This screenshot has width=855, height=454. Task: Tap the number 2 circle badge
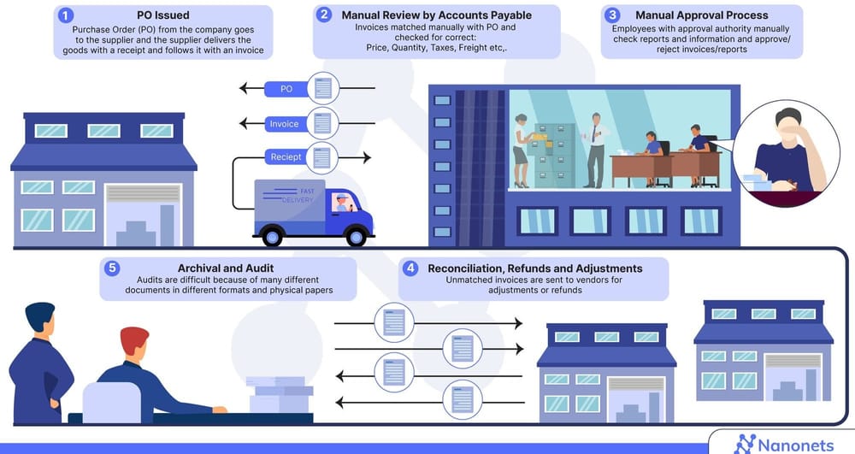click(324, 15)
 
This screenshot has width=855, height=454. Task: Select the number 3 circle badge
click(612, 15)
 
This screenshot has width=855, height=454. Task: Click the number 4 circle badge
click(410, 268)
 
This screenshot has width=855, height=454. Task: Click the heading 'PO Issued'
click(163, 15)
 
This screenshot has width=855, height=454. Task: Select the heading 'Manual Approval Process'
click(701, 15)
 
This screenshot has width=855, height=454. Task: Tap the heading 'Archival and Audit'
click(228, 268)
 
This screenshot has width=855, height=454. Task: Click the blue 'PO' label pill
click(286, 88)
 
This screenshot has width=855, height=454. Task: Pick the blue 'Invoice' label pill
click(285, 124)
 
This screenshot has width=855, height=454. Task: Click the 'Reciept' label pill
click(286, 157)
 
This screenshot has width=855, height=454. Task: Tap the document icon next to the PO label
click(323, 88)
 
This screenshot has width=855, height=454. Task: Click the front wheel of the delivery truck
click(352, 233)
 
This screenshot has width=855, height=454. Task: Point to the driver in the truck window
click(343, 203)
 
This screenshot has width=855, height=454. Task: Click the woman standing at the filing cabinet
click(521, 150)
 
